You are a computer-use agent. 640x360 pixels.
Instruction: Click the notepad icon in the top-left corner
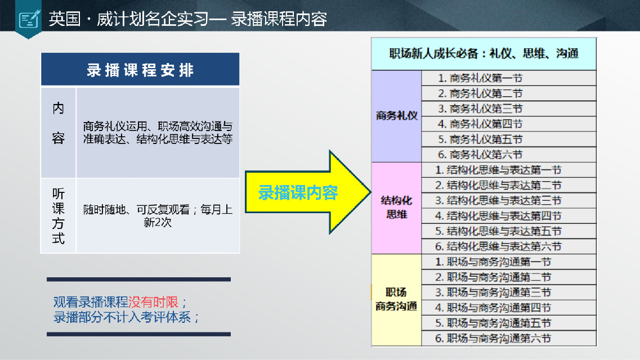tap(30, 19)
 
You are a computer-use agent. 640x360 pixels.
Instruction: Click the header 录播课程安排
tap(140, 70)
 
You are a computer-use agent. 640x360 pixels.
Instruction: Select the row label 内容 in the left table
tap(59, 123)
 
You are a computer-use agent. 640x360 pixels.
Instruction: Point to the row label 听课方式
tap(59, 215)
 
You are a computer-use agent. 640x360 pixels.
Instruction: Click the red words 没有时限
tap(153, 302)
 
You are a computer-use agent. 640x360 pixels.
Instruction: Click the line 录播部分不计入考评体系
tap(122, 317)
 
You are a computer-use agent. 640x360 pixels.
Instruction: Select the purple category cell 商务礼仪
tap(396, 116)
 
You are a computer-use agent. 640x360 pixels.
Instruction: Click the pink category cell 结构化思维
tap(396, 208)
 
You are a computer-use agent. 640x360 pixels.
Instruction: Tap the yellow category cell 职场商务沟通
tap(396, 300)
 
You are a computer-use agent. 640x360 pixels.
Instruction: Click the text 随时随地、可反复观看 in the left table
tap(136, 210)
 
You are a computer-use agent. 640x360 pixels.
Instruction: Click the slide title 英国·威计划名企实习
tap(137, 19)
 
